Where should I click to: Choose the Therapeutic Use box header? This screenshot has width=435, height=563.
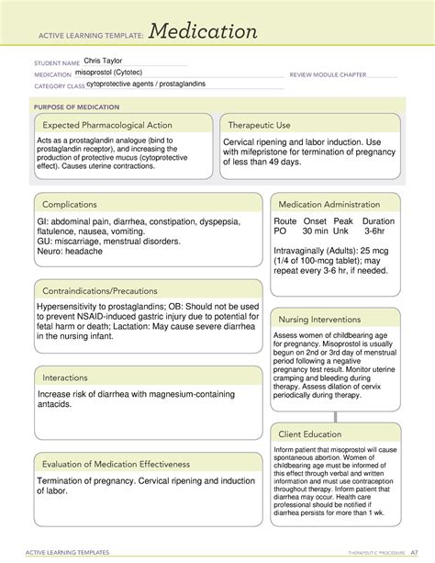(263, 124)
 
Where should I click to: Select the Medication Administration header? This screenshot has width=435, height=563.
(329, 204)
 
